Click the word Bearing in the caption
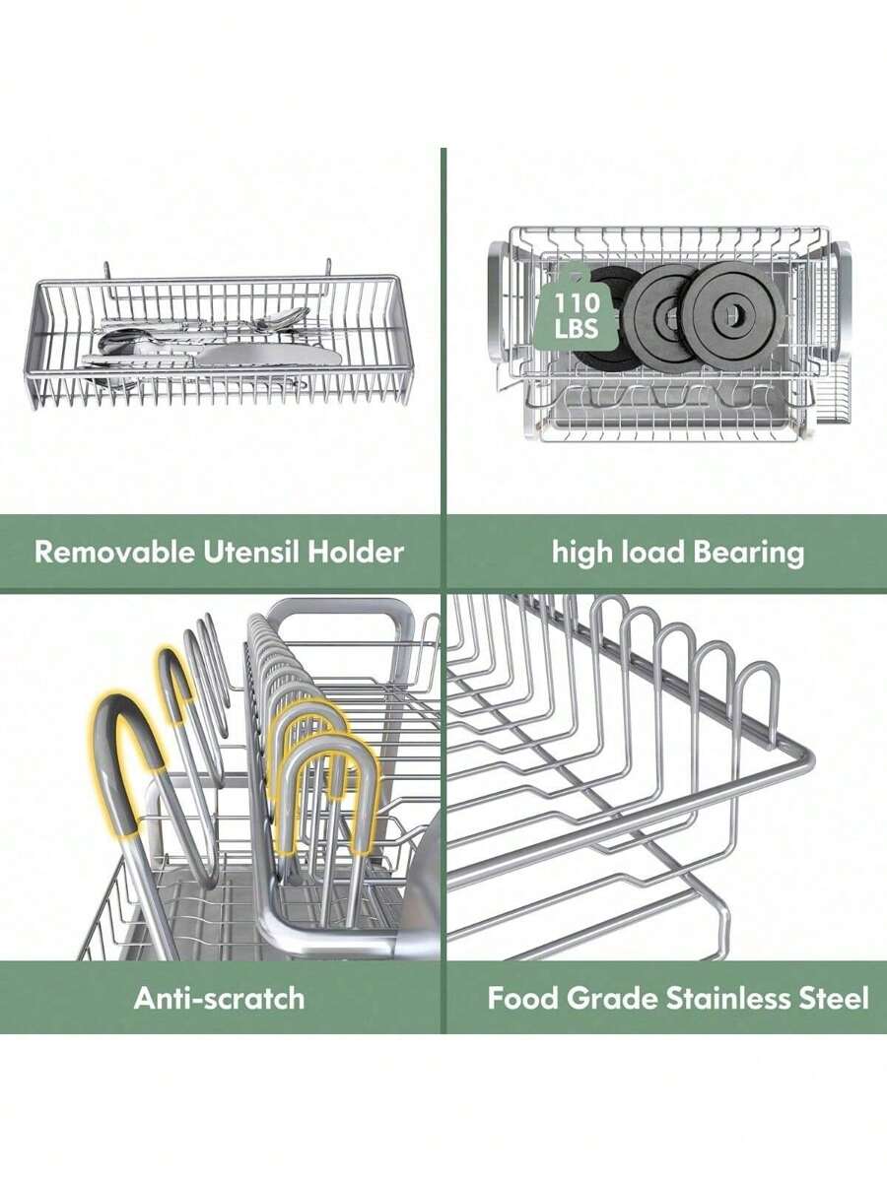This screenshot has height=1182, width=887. tap(749, 552)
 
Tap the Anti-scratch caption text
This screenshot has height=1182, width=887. tap(219, 998)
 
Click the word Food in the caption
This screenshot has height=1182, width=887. tap(523, 998)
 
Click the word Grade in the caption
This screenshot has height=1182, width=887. tap(610, 998)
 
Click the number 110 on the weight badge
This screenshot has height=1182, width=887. tap(576, 300)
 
